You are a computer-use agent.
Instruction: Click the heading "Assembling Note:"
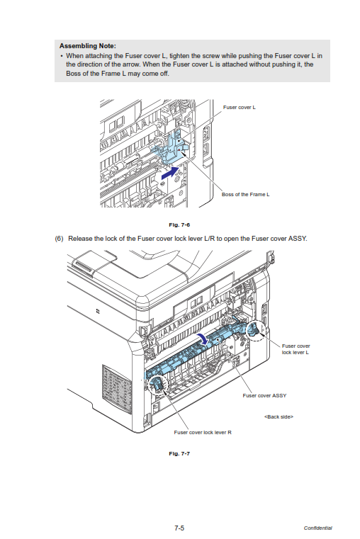pos(88,46)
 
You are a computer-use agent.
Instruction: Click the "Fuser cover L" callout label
pos(240,107)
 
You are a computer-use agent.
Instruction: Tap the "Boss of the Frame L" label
pos(245,194)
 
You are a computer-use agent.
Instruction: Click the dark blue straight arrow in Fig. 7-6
pos(171,172)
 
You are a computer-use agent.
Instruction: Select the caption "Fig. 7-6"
pos(179,225)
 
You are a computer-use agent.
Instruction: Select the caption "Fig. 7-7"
pos(179,453)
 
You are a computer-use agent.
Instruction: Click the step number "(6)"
pos(59,239)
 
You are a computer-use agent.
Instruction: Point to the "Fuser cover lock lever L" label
pos(296,349)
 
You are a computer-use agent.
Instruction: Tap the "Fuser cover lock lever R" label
pos(203,432)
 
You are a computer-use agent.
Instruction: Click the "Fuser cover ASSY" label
pos(264,395)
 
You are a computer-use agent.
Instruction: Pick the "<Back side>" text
pos(279,416)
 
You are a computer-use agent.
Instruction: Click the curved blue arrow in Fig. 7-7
pos(203,339)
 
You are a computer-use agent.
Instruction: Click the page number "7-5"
pos(179,528)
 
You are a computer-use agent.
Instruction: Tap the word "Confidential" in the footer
pos(317,528)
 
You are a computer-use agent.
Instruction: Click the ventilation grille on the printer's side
pos(116,388)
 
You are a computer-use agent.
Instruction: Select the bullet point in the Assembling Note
pos(62,56)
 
